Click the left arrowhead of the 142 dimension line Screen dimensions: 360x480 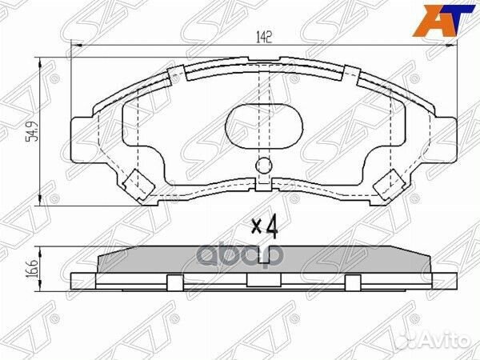[x=75, y=47]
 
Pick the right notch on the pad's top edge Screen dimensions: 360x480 [x=349, y=74]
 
